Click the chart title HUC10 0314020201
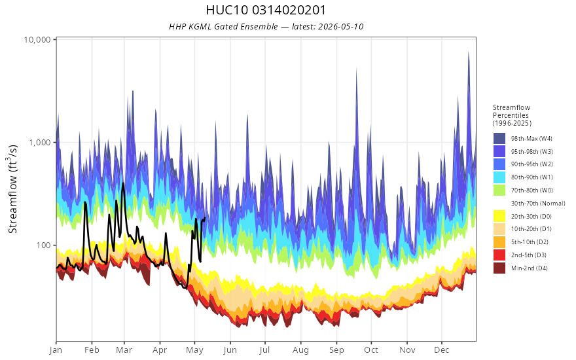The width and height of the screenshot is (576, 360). [266, 10]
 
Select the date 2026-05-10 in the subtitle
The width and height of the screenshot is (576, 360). [340, 26]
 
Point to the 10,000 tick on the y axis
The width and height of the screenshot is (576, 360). [37, 39]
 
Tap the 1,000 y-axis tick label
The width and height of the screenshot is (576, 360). [39, 142]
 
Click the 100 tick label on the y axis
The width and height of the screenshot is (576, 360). [43, 245]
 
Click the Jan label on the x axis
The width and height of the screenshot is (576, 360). [56, 350]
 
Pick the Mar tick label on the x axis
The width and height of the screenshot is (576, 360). [124, 350]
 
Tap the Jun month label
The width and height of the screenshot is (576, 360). [230, 350]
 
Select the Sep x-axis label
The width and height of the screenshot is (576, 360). [336, 350]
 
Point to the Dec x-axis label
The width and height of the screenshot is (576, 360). [442, 350]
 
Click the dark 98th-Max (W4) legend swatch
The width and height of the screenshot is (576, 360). [499, 139]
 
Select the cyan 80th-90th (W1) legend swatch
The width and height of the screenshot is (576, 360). [499, 177]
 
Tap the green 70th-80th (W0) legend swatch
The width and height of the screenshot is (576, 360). [499, 190]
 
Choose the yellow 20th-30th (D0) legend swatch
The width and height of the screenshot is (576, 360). [499, 216]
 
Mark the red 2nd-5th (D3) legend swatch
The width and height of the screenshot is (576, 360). [499, 255]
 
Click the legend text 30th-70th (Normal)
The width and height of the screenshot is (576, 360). [538, 203]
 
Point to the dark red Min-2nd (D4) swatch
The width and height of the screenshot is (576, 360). [499, 268]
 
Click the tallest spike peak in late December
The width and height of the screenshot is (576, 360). [469, 52]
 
